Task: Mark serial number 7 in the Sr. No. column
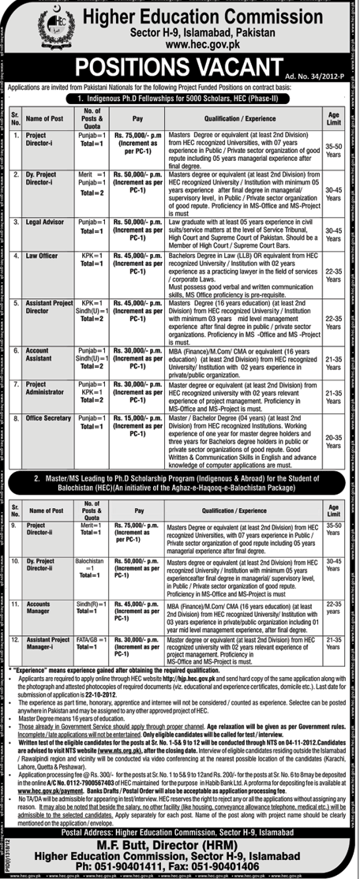tap(16, 383)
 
